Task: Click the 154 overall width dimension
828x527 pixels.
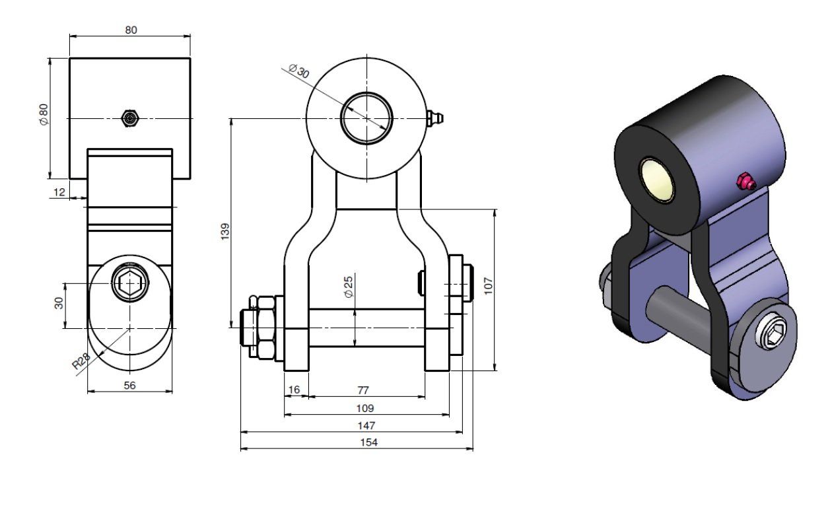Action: [x=368, y=442]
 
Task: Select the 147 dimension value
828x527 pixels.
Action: [x=366, y=426]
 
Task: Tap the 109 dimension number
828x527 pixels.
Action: [x=365, y=408]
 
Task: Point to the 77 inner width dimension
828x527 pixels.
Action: [x=363, y=390]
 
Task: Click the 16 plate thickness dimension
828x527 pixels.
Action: [x=294, y=390]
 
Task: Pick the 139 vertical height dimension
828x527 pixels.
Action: [x=225, y=232]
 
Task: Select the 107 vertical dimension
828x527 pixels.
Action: [x=489, y=285]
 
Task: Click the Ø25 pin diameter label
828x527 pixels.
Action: [x=349, y=287]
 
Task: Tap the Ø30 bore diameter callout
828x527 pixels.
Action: [x=299, y=71]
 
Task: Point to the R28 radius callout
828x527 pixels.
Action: [x=81, y=361]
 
